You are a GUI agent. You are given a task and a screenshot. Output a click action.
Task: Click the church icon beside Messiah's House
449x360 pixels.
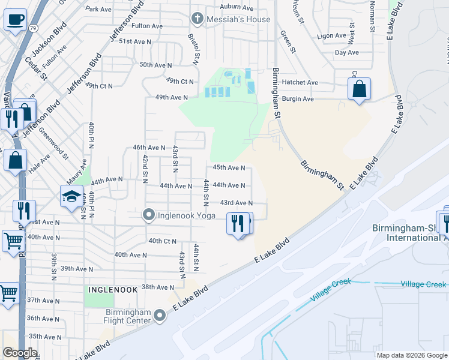point(196,19)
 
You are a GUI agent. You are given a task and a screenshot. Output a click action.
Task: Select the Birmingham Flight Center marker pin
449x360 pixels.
point(160,315)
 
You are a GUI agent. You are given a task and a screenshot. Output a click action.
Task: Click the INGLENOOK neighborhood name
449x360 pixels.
point(110,289)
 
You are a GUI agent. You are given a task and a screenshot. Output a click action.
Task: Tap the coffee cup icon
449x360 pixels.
point(15,19)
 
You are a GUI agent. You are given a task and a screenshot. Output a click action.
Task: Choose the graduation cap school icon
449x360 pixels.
point(71,196)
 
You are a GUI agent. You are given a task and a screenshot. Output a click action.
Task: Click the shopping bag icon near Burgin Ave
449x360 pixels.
point(359,89)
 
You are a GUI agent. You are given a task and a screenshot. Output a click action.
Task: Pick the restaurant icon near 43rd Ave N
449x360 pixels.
point(239,223)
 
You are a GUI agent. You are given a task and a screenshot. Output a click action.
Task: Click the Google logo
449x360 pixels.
point(20,353)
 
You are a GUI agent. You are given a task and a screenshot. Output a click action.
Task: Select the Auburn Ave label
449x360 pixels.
point(237,7)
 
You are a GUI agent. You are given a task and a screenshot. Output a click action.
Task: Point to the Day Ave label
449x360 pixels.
point(346,53)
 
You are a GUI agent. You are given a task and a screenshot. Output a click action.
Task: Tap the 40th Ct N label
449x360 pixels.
point(162,241)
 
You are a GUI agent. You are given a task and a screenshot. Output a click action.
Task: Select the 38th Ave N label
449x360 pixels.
point(157,287)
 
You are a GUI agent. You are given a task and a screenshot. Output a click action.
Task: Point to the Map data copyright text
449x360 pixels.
point(411,355)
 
